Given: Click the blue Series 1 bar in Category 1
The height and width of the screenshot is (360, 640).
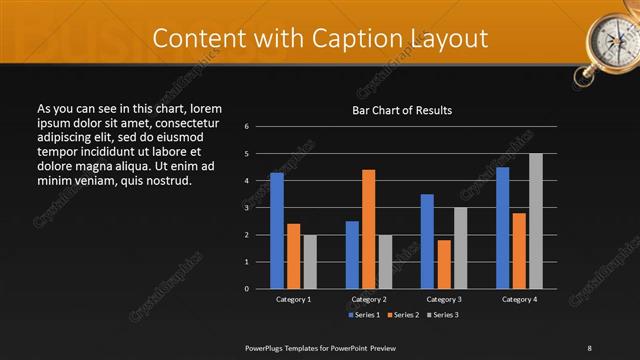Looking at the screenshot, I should [277, 231].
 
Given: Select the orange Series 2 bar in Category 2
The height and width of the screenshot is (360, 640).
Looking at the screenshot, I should [369, 229].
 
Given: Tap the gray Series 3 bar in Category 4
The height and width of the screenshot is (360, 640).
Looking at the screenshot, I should [536, 221].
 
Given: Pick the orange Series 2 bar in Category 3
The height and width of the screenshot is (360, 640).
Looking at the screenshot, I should [444, 264].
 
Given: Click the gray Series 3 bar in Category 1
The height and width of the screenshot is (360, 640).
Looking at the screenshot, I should [310, 262].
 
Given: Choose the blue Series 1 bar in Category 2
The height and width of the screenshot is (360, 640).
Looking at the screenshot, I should [352, 255].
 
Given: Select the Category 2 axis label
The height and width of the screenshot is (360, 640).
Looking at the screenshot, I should [369, 299].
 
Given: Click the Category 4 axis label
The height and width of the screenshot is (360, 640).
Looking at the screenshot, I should [519, 299].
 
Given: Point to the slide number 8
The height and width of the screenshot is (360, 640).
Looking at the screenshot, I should [589, 347].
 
